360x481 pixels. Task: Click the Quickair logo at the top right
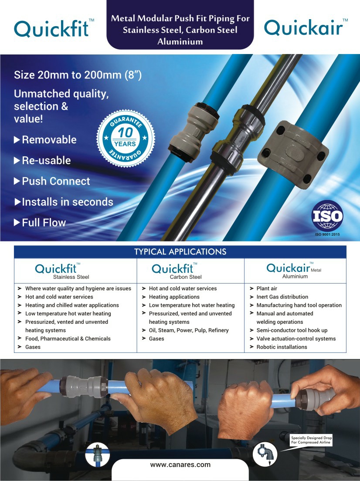click(x=306, y=27)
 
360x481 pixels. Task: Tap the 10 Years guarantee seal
click(x=126, y=139)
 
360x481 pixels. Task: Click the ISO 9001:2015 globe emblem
click(x=327, y=216)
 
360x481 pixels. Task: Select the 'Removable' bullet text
click(x=49, y=139)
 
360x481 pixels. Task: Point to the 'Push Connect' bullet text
click(x=56, y=181)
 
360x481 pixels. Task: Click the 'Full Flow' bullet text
click(x=44, y=222)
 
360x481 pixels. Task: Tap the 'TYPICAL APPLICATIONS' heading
click(x=180, y=252)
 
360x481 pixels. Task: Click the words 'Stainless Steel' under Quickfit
click(x=71, y=277)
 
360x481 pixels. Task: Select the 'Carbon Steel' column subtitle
click(x=186, y=277)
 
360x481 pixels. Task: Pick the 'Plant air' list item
click(x=267, y=288)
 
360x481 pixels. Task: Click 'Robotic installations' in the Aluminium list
click(x=282, y=347)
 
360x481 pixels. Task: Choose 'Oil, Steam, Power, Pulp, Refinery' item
click(x=189, y=330)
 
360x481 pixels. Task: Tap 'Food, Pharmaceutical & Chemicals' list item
click(x=68, y=339)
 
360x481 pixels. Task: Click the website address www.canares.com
click(x=180, y=465)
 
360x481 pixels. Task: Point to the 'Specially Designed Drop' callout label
click(x=312, y=438)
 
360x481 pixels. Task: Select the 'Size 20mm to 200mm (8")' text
click(x=78, y=75)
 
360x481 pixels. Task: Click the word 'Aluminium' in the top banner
click(x=180, y=42)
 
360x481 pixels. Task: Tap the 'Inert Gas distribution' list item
click(x=282, y=297)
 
